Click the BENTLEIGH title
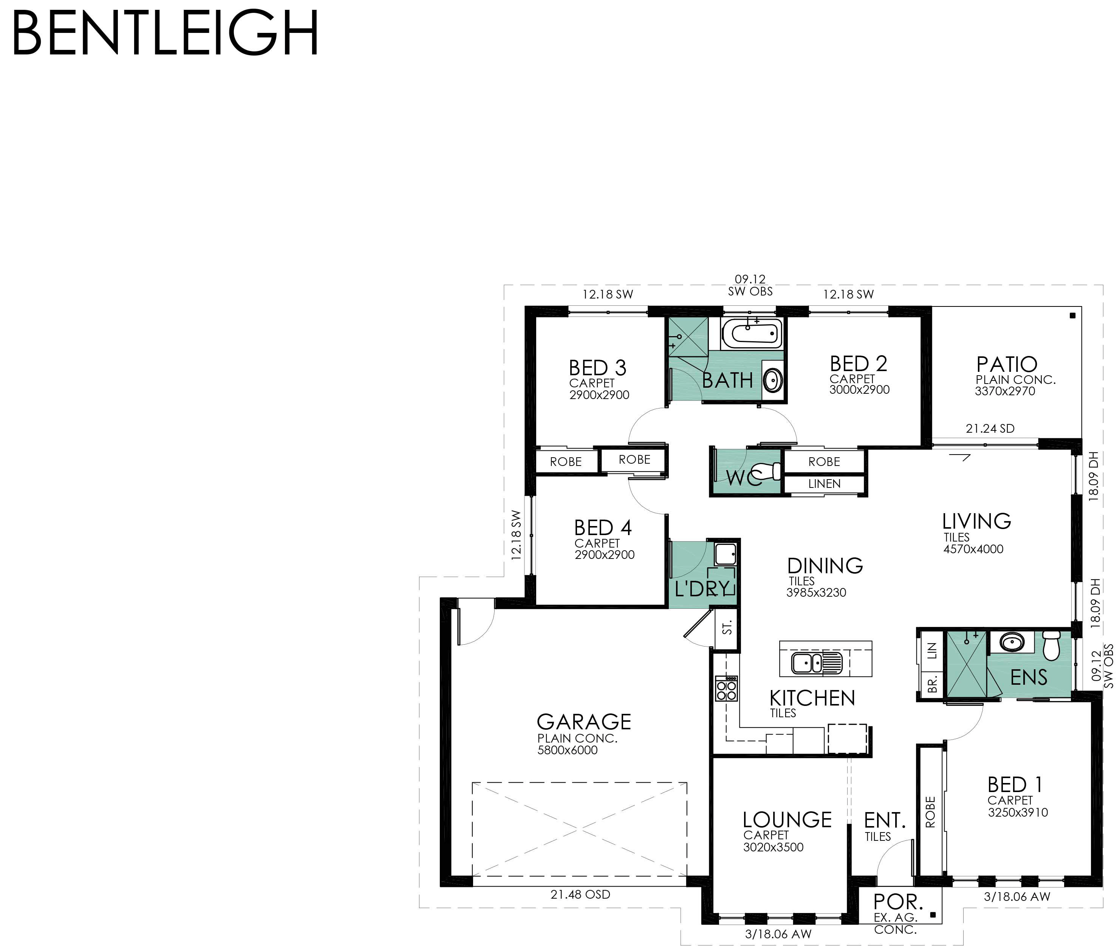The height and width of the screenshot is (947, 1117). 165,33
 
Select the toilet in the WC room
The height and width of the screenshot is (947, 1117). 767,471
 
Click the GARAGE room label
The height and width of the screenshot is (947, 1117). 584,721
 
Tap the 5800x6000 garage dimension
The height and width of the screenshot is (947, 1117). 567,750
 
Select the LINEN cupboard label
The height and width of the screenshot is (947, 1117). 825,484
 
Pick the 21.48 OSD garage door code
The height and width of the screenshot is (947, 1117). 580,894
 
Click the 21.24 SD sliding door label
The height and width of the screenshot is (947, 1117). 990,429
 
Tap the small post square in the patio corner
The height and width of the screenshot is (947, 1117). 1072,316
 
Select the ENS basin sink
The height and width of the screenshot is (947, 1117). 1012,642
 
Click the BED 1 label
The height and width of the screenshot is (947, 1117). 1015,785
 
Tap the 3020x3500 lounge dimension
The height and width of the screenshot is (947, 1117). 774,847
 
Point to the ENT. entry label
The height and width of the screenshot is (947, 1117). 885,820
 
